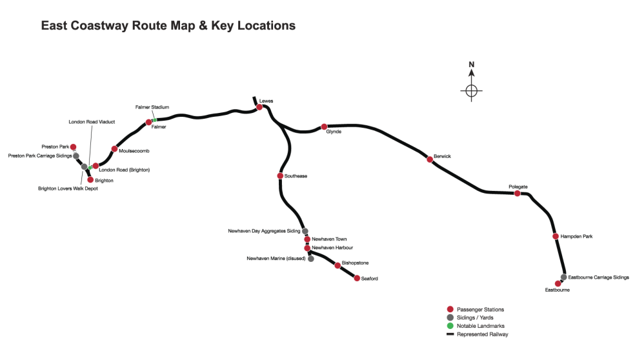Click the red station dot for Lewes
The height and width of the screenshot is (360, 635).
(259, 107)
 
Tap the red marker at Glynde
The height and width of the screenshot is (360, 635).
(324, 127)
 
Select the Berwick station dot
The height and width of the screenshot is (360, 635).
(430, 159)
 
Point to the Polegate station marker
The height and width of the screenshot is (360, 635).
(517, 193)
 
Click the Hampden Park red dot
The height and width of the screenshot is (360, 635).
(556, 236)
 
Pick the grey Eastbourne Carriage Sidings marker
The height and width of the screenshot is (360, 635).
(563, 277)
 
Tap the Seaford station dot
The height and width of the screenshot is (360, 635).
(357, 278)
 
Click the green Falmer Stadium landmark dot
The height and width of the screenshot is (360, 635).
(155, 119)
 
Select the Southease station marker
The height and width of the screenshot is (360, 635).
(280, 175)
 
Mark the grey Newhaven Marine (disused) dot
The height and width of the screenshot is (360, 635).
(311, 259)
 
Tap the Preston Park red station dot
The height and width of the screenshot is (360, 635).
(73, 147)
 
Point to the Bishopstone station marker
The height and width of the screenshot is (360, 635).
(338, 265)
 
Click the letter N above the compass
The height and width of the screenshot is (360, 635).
(472, 65)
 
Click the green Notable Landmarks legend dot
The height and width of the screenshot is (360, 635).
(450, 326)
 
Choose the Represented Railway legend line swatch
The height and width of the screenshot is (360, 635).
(450, 334)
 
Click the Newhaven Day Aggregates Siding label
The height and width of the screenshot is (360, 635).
(265, 230)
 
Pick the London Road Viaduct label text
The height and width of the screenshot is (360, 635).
(92, 121)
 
